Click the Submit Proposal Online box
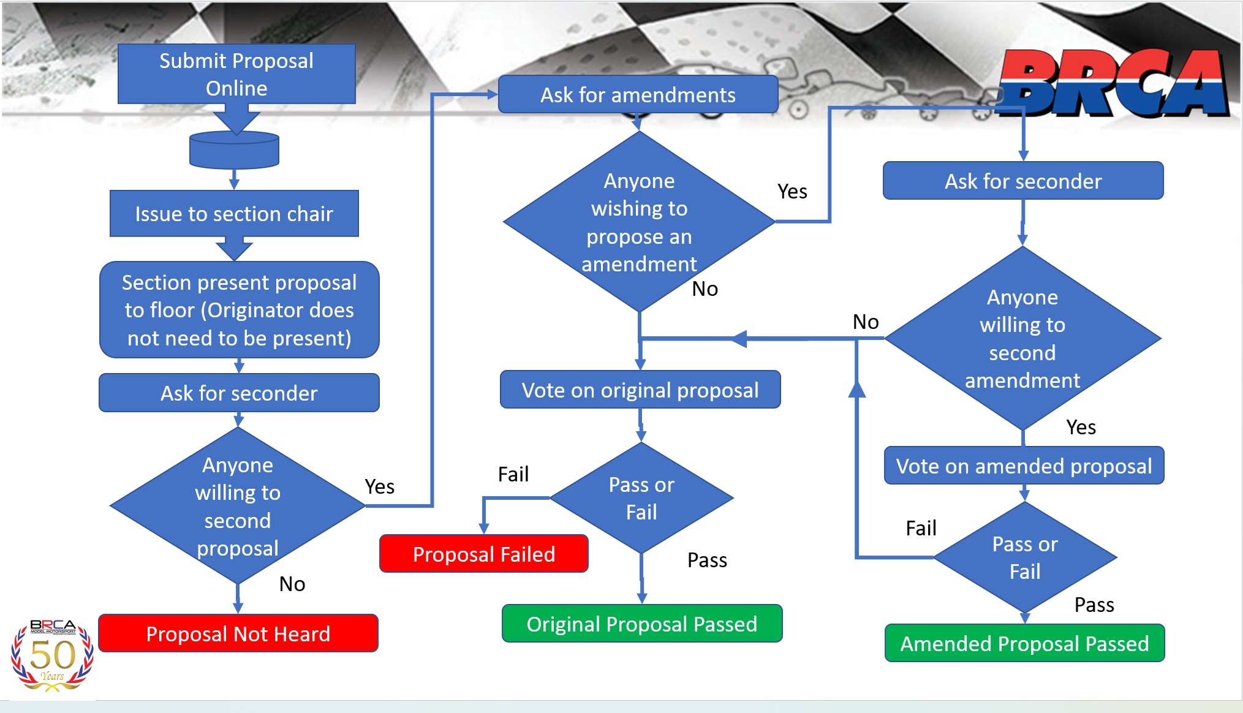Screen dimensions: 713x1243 (x=236, y=74)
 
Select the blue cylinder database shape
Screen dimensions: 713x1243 (x=234, y=150)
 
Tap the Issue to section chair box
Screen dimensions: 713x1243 (x=234, y=214)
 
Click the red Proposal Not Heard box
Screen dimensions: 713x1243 (x=238, y=633)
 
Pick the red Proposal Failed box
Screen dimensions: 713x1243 (x=483, y=554)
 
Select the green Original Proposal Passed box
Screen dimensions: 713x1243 (x=641, y=624)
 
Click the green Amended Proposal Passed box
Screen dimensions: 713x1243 (x=1024, y=643)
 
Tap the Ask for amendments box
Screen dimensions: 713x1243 (x=638, y=95)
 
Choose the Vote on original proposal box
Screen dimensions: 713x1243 (x=640, y=390)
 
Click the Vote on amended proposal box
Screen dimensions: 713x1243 (x=1024, y=466)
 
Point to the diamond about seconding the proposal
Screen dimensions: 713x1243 (x=238, y=506)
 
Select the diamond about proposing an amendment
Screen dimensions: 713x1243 (x=639, y=222)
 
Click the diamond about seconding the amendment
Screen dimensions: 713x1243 (x=1022, y=338)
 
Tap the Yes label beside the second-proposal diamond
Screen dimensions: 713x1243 (x=379, y=486)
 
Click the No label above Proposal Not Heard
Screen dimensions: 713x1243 (x=292, y=584)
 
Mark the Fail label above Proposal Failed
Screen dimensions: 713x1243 (x=513, y=474)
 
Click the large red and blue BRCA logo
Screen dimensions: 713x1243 (x=1112, y=85)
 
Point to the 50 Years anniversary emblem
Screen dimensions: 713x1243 (x=52, y=655)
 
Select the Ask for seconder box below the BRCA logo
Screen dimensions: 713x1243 (x=1022, y=181)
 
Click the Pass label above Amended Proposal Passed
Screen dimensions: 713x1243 (x=1094, y=605)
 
